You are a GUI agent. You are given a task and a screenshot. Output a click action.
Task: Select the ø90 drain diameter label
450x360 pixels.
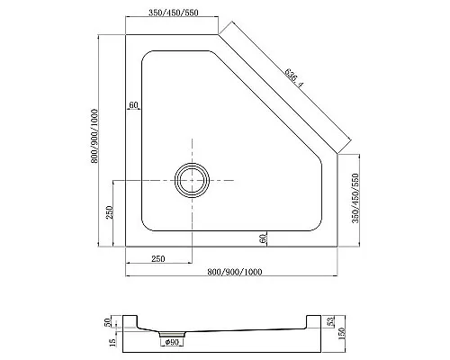[171, 341]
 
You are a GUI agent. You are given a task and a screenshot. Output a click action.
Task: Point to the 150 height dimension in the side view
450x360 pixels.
[343, 336]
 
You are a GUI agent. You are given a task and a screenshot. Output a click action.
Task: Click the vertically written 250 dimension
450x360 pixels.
[108, 213]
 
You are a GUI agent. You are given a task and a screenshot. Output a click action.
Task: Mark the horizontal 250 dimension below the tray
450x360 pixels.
[157, 259]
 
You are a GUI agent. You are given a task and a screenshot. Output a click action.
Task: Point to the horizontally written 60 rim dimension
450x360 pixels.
[133, 106]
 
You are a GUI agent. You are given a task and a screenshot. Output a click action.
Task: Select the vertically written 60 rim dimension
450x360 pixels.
[262, 238]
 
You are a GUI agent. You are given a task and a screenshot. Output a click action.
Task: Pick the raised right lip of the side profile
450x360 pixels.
[315, 319]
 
